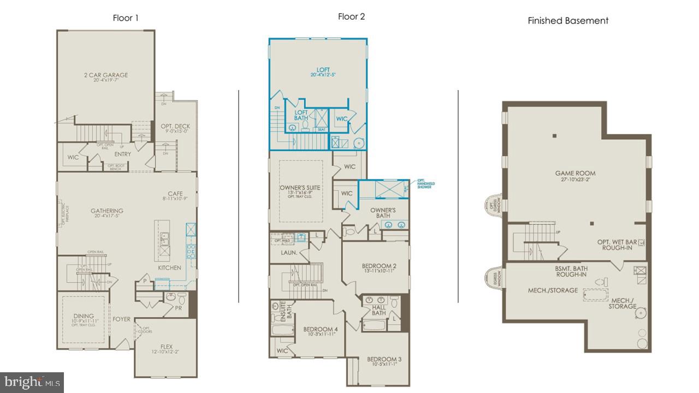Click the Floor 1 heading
pyautogui.click(x=126, y=18)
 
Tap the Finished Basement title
pyautogui.click(x=568, y=21)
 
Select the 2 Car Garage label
pyautogui.click(x=107, y=75)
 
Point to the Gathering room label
pyautogui.click(x=107, y=211)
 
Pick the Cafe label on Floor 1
pyautogui.click(x=175, y=194)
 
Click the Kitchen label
pyautogui.click(x=169, y=268)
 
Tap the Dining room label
pyautogui.click(x=84, y=316)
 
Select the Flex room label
pyautogui.click(x=166, y=346)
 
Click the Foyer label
pyautogui.click(x=122, y=319)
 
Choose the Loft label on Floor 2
pyautogui.click(x=324, y=70)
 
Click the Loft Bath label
pyautogui.click(x=301, y=115)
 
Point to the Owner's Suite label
pyautogui.click(x=300, y=188)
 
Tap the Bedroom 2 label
pyautogui.click(x=379, y=266)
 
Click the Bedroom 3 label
pyautogui.click(x=384, y=359)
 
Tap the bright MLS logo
pyautogui.click(x=32, y=382)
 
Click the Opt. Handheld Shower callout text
pyautogui.click(x=424, y=183)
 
